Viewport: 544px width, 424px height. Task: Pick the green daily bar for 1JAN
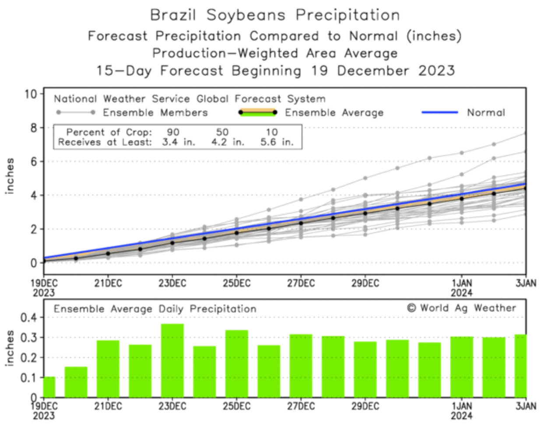click(462, 366)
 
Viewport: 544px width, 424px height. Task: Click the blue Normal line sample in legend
click(440, 112)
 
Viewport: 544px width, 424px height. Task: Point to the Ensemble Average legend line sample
click(257, 112)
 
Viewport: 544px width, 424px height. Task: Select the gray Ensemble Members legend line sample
click(75, 112)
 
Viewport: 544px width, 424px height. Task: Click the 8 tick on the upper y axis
click(34, 128)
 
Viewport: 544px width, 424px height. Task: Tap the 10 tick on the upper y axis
click(31, 94)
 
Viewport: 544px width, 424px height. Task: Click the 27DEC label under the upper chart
click(301, 283)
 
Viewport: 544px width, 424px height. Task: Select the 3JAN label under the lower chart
click(525, 407)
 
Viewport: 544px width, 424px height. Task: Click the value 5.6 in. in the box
click(277, 142)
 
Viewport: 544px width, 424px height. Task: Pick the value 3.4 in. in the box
click(179, 142)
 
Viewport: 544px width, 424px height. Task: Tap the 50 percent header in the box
click(222, 132)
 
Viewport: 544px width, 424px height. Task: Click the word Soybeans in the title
click(246, 15)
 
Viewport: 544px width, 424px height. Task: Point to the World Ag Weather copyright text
click(461, 308)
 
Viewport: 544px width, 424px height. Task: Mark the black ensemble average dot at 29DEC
click(365, 213)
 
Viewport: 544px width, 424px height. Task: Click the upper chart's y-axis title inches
click(10, 176)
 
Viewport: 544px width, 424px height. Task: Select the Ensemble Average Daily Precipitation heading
click(155, 309)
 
